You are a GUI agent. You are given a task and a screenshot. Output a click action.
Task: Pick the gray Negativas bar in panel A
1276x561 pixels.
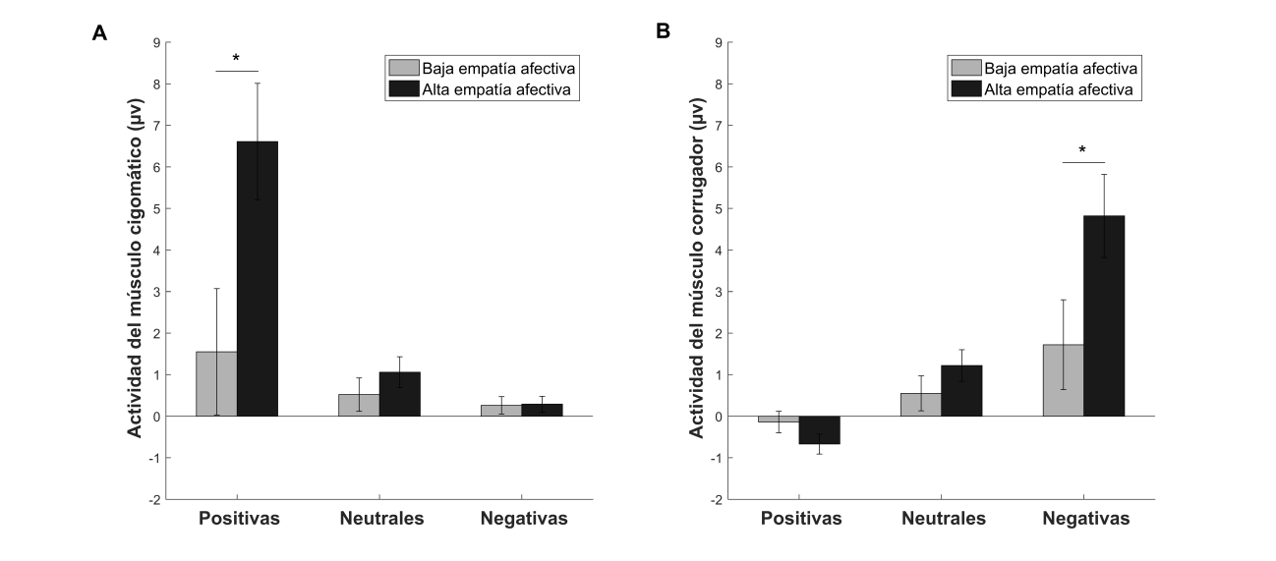click(501, 411)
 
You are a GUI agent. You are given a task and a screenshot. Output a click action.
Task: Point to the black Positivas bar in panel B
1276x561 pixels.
click(819, 430)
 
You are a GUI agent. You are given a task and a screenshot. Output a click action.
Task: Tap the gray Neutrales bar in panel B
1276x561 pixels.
click(920, 405)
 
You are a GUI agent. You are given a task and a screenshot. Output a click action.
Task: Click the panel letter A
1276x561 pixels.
click(99, 33)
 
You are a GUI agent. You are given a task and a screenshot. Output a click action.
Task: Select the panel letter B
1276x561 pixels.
click(663, 32)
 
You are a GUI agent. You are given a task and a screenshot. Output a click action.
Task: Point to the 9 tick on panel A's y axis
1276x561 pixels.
click(154, 42)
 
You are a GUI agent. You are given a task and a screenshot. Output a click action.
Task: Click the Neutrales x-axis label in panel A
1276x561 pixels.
click(381, 519)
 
